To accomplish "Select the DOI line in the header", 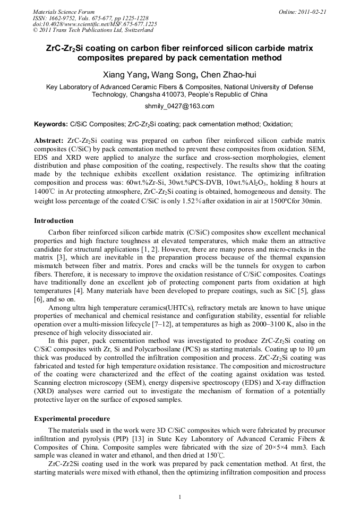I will click(95, 24).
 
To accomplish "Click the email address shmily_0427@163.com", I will click(179, 106).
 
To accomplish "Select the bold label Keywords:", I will click(50, 124).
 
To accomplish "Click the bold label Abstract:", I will click(49, 141).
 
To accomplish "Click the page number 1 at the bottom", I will click(180, 497).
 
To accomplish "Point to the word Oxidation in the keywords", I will click(277, 124).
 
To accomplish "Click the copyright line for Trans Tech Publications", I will click(93, 30).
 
